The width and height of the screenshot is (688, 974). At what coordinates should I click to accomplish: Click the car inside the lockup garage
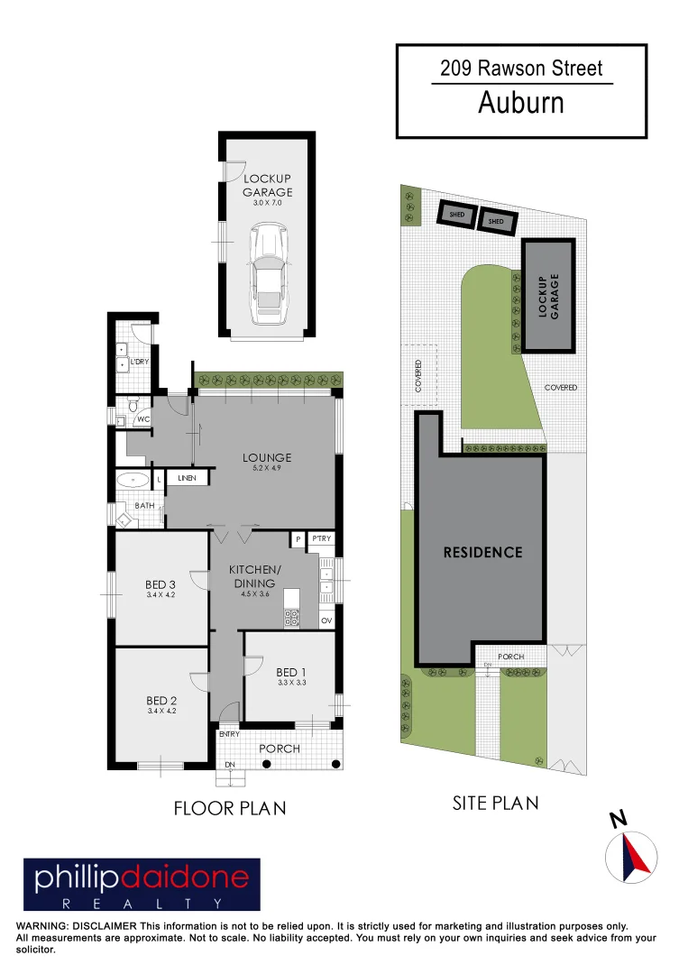tap(268, 276)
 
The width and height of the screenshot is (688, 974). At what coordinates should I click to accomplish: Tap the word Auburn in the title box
tap(520, 103)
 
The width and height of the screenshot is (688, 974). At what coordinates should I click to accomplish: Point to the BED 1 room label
tap(291, 671)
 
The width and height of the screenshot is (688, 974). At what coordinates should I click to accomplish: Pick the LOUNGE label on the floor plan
tap(267, 458)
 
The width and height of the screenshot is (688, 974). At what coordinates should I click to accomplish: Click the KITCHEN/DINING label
tap(254, 576)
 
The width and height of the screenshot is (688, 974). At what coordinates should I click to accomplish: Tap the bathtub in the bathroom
tap(133, 479)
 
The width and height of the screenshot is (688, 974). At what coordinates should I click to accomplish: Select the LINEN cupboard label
tap(187, 478)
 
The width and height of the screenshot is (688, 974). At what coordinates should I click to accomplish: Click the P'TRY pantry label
tap(322, 538)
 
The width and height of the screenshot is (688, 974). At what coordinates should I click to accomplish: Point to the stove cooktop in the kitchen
tap(292, 619)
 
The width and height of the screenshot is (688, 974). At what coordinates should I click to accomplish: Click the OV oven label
tap(326, 620)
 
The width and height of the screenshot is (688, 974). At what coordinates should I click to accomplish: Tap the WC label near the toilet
tap(143, 419)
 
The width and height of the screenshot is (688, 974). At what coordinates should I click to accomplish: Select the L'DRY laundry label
tap(140, 362)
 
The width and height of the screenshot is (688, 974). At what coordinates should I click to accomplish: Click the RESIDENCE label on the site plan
tap(482, 552)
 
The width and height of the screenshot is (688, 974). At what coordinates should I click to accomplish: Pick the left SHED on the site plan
tap(457, 215)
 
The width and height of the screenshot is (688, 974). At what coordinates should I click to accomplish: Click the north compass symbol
tap(631, 855)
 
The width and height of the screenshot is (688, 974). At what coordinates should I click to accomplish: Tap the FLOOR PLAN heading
tap(230, 808)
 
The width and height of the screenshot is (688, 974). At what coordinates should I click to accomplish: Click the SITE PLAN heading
tap(495, 802)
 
